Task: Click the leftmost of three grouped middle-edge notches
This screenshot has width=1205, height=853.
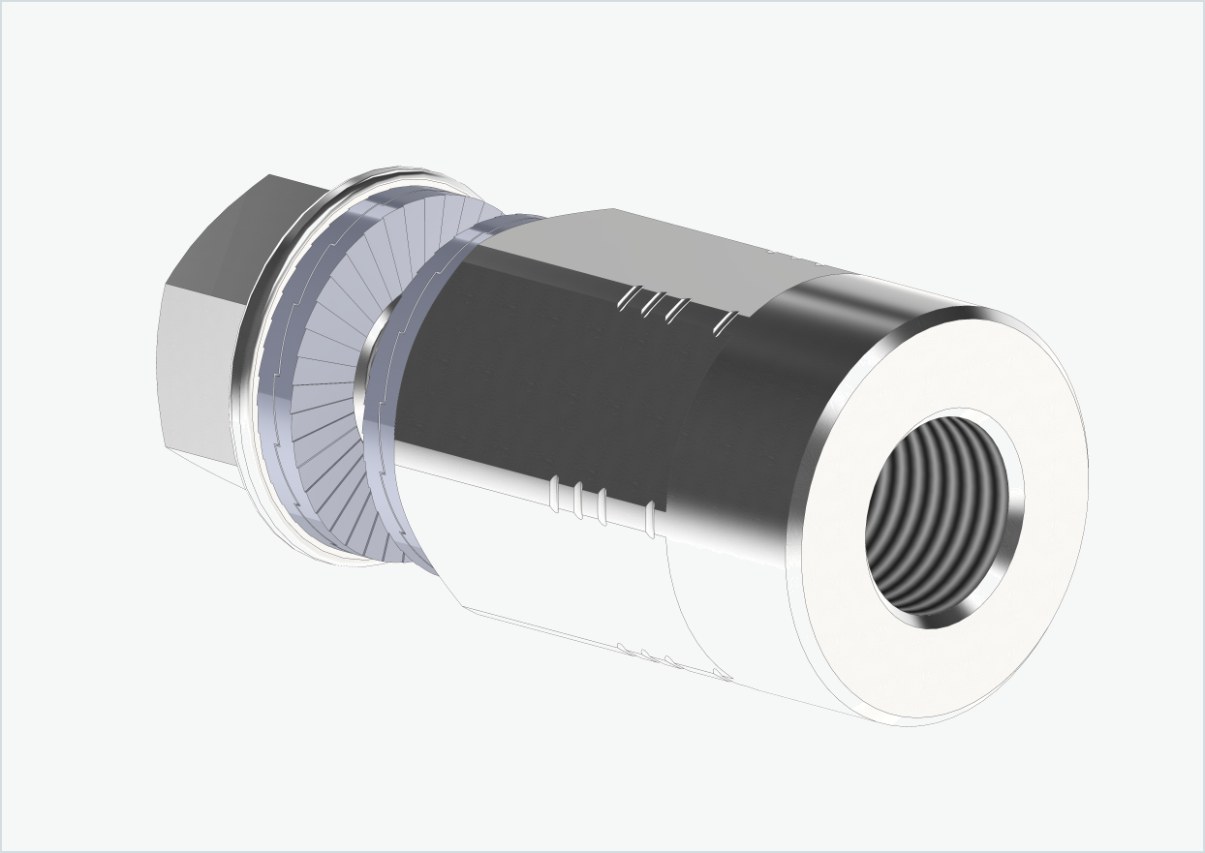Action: pos(555,494)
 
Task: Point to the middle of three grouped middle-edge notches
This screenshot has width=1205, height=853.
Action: pos(578,500)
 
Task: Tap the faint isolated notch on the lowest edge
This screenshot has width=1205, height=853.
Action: pos(722,673)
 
